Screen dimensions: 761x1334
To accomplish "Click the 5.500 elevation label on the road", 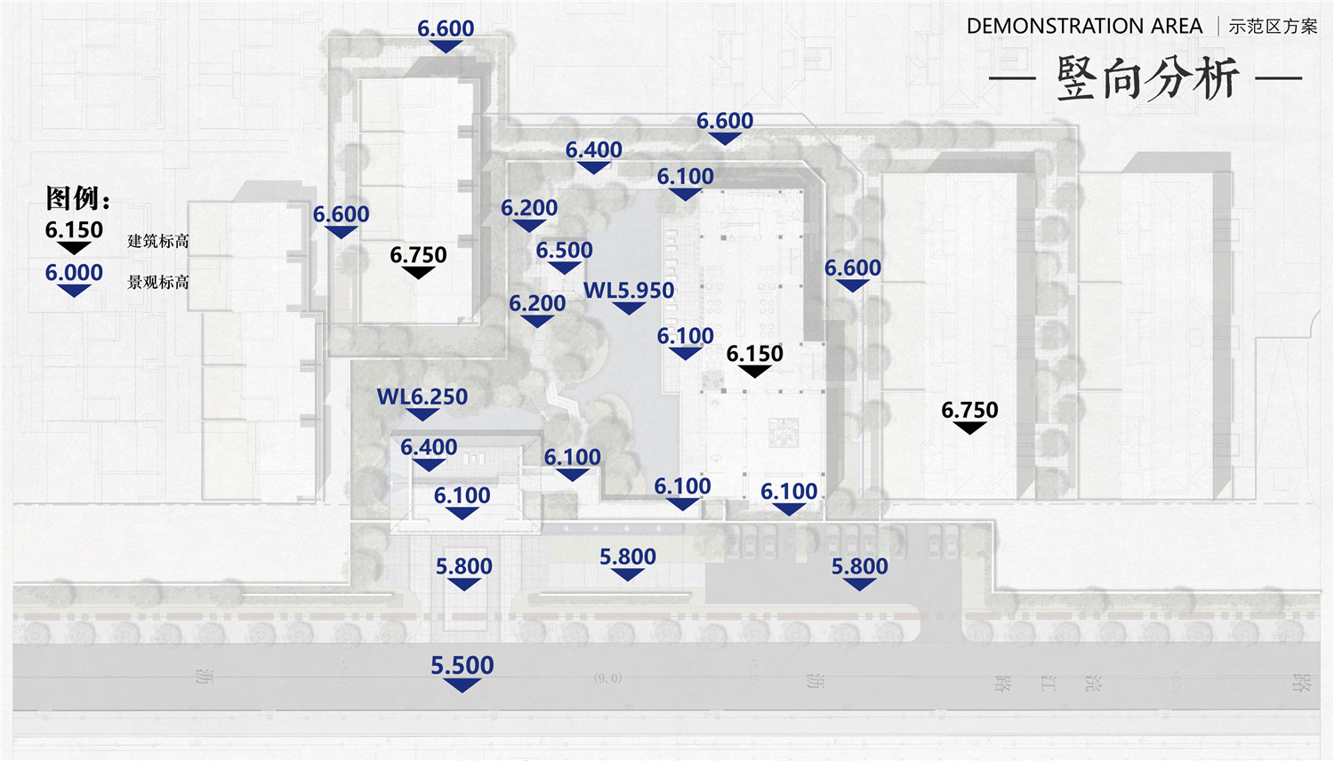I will pos(462,665).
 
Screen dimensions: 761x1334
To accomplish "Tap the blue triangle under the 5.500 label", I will pos(462,685).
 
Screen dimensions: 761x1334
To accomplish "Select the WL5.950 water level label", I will pos(629,290).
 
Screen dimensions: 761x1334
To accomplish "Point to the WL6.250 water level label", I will pos(422,397).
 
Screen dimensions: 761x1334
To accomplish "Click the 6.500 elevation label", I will pos(564,250).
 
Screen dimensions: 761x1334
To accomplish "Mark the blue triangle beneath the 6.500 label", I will pos(564,268).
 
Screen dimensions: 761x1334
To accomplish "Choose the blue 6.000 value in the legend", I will pos(74,272).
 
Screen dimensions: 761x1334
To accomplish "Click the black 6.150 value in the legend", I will pos(74,229).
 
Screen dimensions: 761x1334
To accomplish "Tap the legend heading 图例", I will pos(76,197).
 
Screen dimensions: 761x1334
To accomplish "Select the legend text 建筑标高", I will pos(158,241).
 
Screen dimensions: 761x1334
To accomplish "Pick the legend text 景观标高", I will pos(158,282).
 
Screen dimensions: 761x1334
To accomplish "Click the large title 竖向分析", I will pos(1146,78).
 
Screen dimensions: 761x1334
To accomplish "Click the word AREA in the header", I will pos(1176,27).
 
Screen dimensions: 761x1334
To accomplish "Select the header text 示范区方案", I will pos(1273,27).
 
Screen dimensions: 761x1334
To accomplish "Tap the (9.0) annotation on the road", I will pos(608,677).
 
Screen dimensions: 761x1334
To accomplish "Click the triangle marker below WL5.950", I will pos(629,308).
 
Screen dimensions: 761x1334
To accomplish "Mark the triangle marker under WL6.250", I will pos(422,414).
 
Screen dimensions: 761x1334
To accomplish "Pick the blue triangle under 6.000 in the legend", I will pos(74,290).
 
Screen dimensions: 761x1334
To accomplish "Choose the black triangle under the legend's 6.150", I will pos(74,247).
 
